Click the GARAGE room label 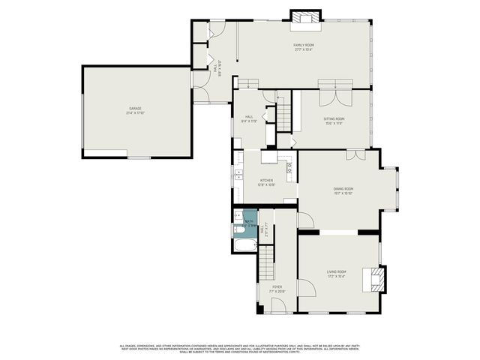135,110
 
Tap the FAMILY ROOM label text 303,47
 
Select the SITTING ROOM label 334,121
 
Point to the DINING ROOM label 343,190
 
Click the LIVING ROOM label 336,273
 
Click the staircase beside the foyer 268,263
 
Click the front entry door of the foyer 277,305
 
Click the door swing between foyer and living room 305,288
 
